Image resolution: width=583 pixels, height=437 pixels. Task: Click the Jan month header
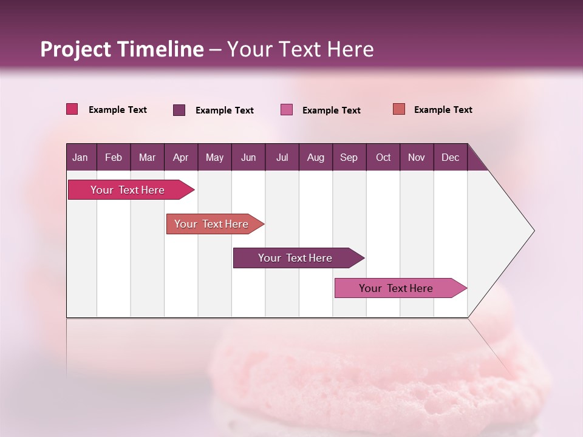80,157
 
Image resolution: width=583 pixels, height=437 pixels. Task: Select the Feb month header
114,157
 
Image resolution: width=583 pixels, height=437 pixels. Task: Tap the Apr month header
180,157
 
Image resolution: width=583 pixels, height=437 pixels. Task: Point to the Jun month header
248,157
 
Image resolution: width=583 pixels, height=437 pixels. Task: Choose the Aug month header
315,157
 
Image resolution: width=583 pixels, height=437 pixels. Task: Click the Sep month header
349,157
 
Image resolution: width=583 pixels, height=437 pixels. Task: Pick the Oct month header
383,157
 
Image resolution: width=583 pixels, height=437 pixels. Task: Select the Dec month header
450,157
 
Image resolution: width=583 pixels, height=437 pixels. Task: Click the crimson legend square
72,109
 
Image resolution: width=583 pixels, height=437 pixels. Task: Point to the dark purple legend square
179,110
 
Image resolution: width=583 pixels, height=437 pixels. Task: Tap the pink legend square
287,110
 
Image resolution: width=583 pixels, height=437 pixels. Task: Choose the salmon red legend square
398,109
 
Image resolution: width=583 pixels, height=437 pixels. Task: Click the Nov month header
417,157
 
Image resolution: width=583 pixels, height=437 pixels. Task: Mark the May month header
214,157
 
